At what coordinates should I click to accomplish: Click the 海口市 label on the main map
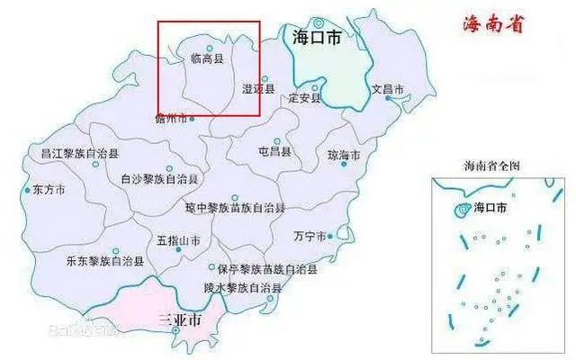[316, 37]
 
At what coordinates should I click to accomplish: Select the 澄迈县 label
[257, 89]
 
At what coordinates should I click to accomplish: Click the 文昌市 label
[390, 90]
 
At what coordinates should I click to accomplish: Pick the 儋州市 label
[170, 118]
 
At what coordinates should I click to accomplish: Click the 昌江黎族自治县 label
[80, 154]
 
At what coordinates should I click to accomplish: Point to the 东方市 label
[49, 191]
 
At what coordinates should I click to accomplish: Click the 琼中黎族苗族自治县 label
[236, 208]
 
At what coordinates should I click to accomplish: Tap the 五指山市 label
[178, 241]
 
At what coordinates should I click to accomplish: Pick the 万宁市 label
[310, 237]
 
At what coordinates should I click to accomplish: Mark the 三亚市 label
[178, 319]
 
